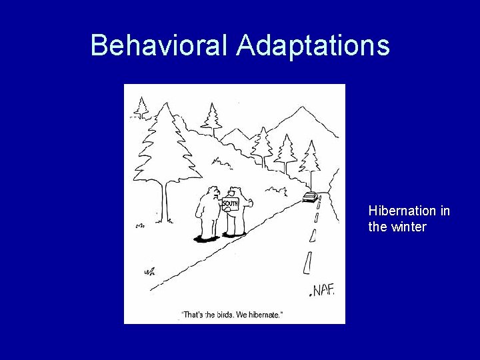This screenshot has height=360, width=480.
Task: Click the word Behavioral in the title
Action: [160, 45]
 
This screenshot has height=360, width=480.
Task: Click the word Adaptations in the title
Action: [313, 45]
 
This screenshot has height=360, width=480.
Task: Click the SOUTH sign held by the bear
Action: [230, 203]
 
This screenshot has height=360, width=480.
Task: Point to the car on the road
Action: [309, 197]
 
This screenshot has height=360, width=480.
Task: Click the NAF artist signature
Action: [322, 290]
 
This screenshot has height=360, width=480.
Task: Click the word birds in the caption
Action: [223, 315]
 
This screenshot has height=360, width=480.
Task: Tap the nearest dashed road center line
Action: [307, 263]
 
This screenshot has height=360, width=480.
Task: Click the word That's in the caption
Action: [193, 315]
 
